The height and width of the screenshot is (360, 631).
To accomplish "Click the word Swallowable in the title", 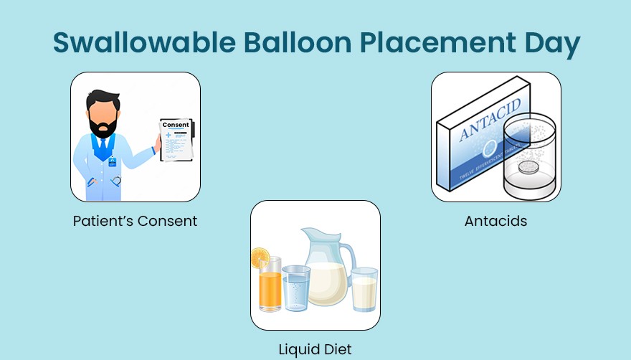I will [x=141, y=43].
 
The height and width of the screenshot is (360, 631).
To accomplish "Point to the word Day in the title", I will [x=551, y=43].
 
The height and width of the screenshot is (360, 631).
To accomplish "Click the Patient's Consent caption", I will [x=135, y=221].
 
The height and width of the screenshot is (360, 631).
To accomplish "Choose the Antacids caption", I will [x=495, y=221].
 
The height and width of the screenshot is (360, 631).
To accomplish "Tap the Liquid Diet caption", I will [x=315, y=350].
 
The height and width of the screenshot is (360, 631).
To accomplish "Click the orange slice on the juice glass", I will [x=260, y=257].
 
